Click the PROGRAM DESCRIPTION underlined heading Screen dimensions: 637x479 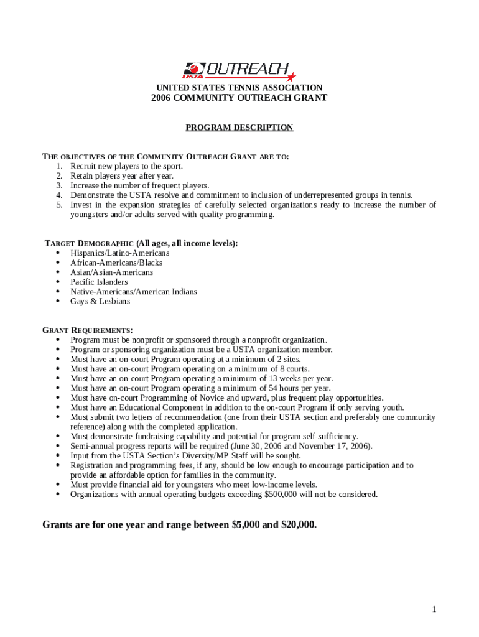coord(240,128)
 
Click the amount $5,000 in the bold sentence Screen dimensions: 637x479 coord(246,524)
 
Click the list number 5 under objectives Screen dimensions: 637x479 coord(59,205)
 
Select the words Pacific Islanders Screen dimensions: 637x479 coord(99,282)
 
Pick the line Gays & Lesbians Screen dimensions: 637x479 coord(100,301)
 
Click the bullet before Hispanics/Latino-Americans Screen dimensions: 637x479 coord(58,253)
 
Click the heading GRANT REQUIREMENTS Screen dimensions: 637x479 coord(87,330)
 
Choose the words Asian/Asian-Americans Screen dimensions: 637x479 coord(111,272)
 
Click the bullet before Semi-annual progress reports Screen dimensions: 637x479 coord(58,446)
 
